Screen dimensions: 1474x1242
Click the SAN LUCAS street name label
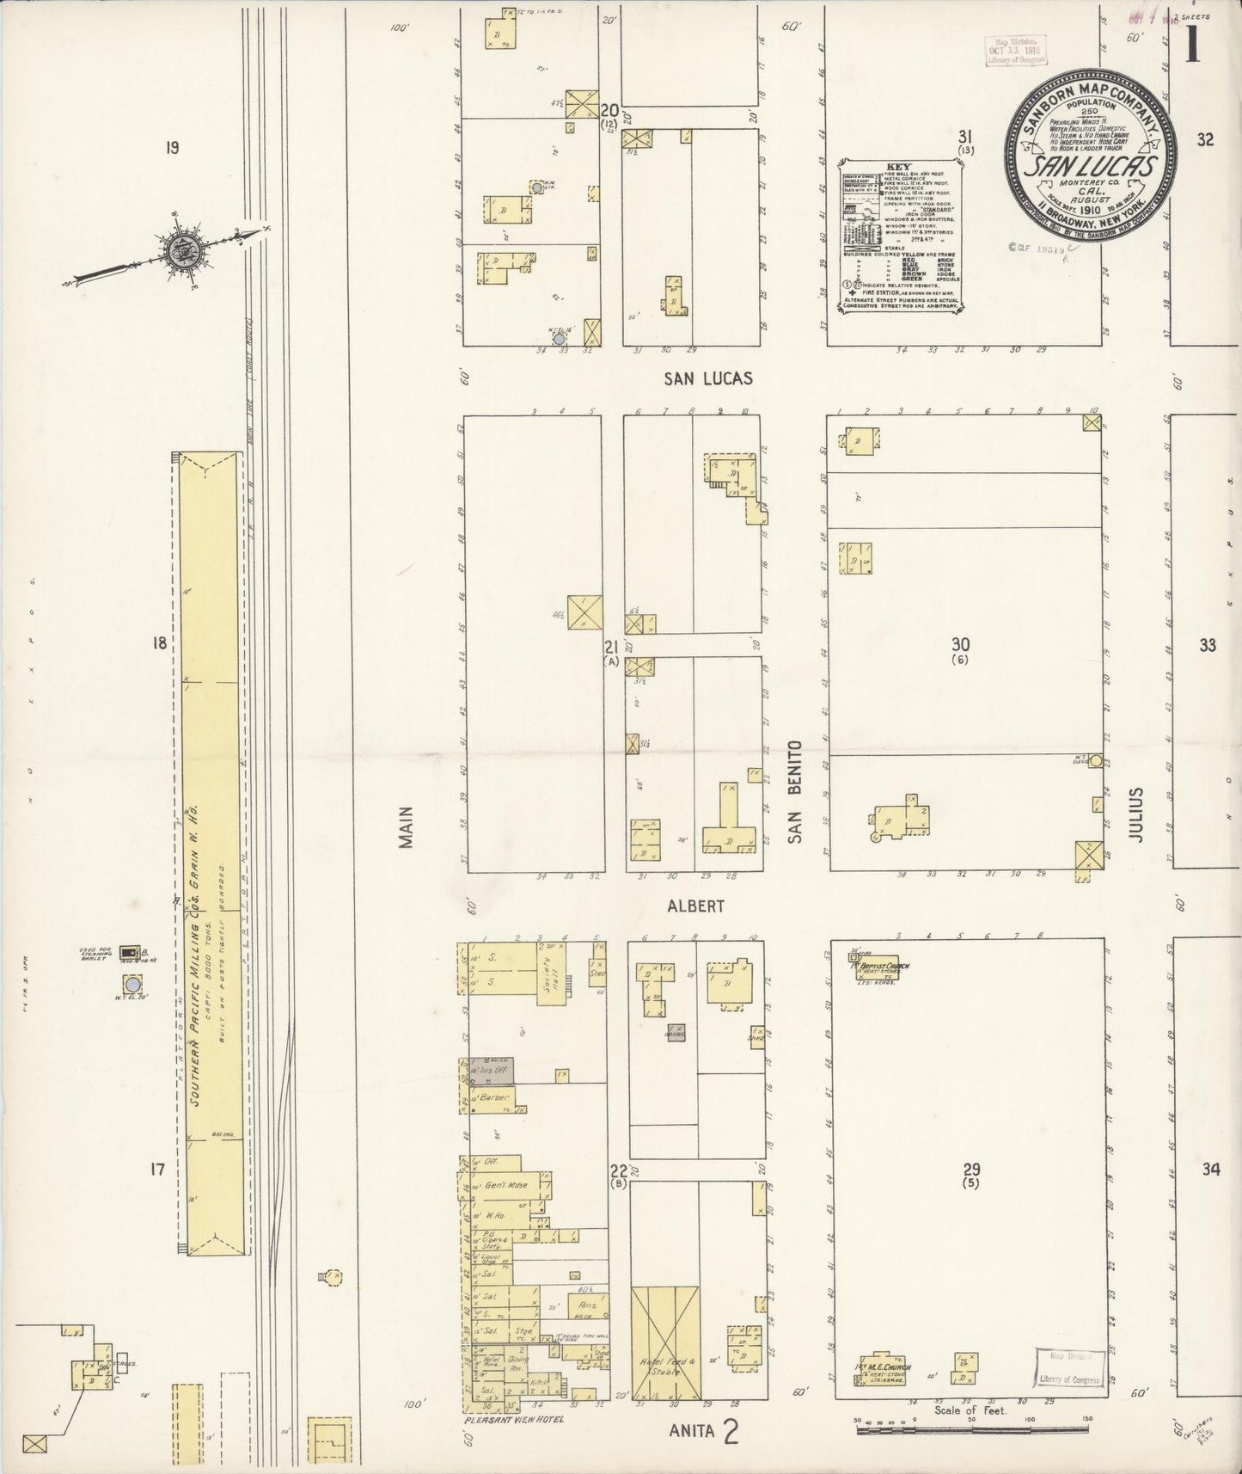[x=708, y=378]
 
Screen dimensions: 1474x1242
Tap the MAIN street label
[x=407, y=827]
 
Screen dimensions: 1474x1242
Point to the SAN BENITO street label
[x=794, y=791]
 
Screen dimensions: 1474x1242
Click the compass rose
[x=184, y=252]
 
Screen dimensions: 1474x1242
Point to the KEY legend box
[x=900, y=232]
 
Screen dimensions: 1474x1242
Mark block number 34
[x=1210, y=1170]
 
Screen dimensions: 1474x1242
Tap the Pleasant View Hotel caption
[x=514, y=1419]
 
